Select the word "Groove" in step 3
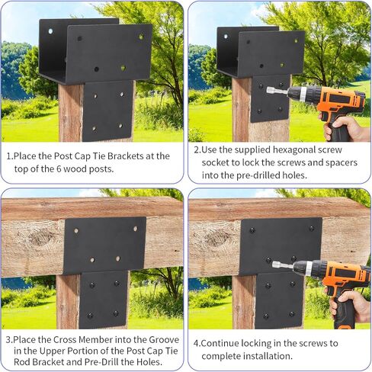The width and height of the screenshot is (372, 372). click(x=164, y=339)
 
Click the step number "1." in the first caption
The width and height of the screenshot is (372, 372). click(x=10, y=156)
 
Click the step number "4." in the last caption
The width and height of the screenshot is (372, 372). click(x=197, y=343)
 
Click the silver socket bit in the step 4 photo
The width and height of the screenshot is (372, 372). click(x=283, y=265)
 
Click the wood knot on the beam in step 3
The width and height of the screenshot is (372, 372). click(x=41, y=237)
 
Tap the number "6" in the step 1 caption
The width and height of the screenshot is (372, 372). click(x=59, y=169)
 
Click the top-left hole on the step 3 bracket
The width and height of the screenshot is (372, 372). click(x=76, y=231)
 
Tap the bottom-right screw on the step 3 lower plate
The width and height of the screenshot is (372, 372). click(x=116, y=313)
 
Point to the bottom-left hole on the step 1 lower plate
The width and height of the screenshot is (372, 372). click(x=94, y=129)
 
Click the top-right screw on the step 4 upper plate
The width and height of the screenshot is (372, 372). click(x=312, y=229)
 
